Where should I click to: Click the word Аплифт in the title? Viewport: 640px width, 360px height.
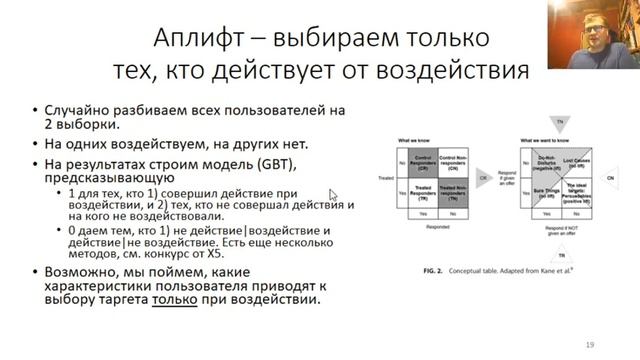[196, 39]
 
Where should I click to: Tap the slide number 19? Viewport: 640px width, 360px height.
[590, 345]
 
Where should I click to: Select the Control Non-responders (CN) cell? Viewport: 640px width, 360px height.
[462, 158]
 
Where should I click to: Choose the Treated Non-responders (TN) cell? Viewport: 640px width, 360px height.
[462, 190]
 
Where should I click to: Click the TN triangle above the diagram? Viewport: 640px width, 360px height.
[560, 122]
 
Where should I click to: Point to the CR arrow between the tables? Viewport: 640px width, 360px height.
[485, 177]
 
